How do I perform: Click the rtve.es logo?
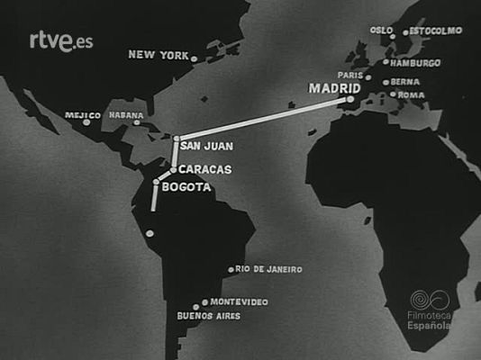61,40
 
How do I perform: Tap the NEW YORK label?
158,55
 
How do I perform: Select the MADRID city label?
334,89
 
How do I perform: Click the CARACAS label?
204,169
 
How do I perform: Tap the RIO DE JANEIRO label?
269,269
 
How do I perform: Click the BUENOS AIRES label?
209,317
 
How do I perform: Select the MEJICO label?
83,115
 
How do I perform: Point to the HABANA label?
126,115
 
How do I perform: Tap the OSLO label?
382,30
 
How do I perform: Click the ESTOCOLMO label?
436,30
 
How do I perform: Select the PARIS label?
349,76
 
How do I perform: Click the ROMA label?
411,94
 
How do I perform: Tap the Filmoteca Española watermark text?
429,319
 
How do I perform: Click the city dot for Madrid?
350,100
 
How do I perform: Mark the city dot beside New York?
194,58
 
